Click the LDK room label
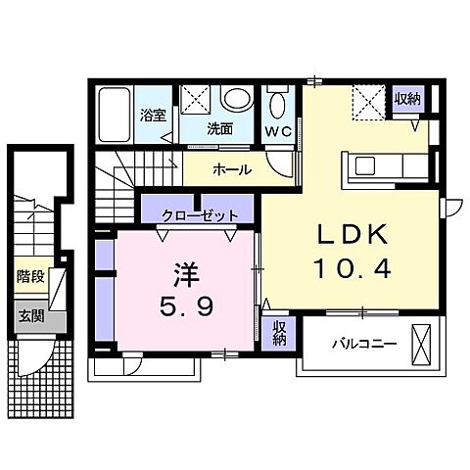[352, 234]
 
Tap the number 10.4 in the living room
[352, 266]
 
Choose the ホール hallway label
[232, 169]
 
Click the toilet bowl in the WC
[276, 104]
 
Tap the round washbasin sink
[236, 99]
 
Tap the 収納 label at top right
[407, 98]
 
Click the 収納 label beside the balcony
[278, 333]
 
